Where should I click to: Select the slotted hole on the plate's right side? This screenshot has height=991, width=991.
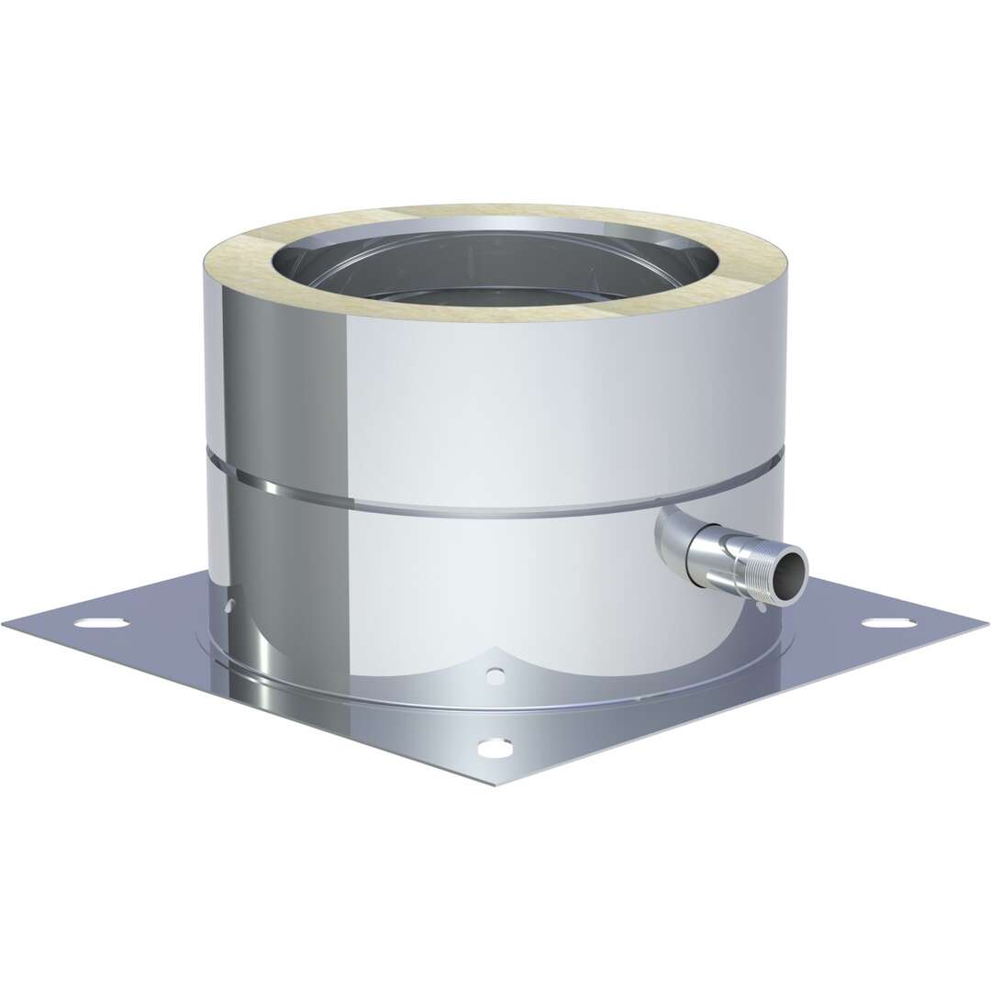[888, 623]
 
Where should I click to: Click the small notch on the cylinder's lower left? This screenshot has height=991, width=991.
[230, 605]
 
